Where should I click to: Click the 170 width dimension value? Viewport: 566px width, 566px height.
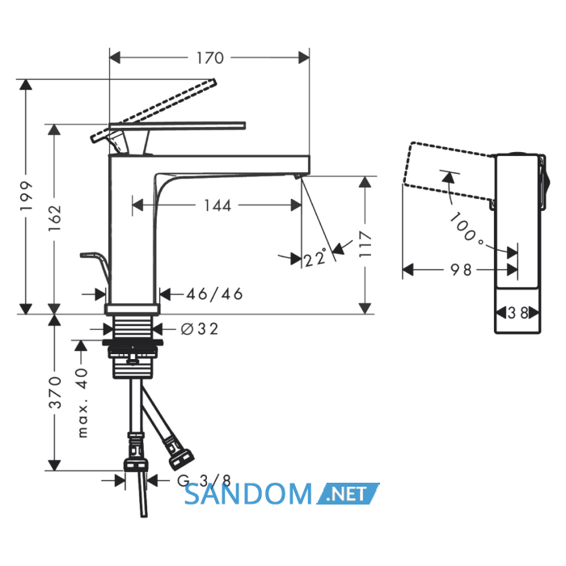(210, 57)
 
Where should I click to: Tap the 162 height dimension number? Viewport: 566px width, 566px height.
(55, 218)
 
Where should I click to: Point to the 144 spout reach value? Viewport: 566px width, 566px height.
(218, 205)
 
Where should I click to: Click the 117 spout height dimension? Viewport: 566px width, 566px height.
(365, 244)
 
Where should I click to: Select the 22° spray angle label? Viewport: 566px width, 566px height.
(315, 258)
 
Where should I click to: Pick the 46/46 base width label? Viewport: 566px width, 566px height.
(214, 294)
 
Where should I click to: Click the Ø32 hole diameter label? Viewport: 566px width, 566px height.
(200, 329)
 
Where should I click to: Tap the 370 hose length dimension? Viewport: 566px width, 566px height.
(55, 392)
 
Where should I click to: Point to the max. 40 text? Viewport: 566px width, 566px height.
(82, 403)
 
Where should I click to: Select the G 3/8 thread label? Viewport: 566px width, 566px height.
(204, 480)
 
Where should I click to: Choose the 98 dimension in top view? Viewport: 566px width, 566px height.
(461, 269)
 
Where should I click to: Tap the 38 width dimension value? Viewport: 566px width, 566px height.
(517, 313)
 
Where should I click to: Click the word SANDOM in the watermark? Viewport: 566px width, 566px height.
(247, 494)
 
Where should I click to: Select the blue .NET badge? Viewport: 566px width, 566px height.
(348, 493)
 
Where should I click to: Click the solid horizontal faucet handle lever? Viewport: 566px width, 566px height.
(177, 125)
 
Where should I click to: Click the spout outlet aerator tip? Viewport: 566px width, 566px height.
(297, 176)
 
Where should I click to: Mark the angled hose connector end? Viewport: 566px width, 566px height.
(181, 458)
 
